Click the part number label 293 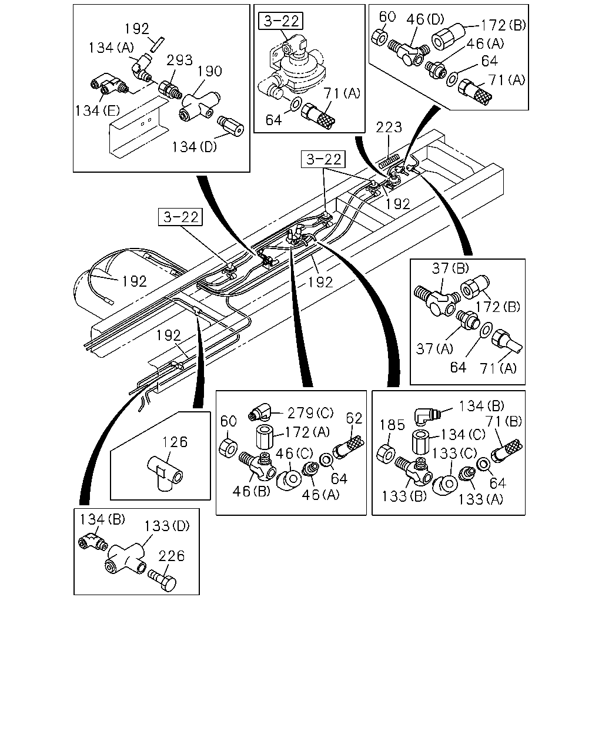179,60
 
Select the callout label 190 209,71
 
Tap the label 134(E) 97,111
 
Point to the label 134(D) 194,147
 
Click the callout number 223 389,127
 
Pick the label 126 175,442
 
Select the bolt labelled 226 162,580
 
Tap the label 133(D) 167,526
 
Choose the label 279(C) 310,413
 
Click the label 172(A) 307,432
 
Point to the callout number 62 354,418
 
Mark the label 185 392,425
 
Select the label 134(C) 463,434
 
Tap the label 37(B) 450,268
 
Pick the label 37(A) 434,348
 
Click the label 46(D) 425,19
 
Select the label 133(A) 480,499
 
